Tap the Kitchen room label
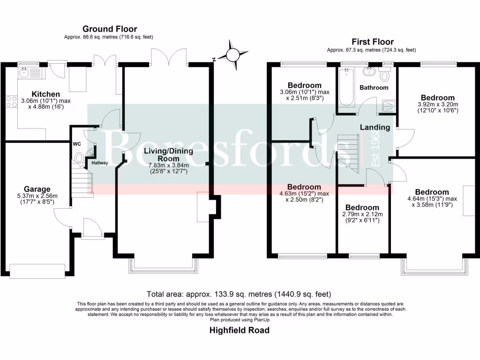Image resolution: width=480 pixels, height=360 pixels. point(45,94)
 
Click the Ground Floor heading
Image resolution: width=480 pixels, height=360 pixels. point(110,29)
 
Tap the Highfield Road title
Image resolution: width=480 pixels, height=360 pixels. point(240,330)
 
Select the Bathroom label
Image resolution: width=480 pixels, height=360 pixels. point(374,88)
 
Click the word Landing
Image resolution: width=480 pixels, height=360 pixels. point(375,127)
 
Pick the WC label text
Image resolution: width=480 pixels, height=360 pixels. point(77,144)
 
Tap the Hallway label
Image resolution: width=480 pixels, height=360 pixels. point(99,163)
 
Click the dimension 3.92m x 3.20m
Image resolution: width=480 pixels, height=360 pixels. point(437,105)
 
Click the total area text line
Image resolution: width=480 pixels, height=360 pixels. point(239,294)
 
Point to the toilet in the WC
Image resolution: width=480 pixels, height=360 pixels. point(79,158)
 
